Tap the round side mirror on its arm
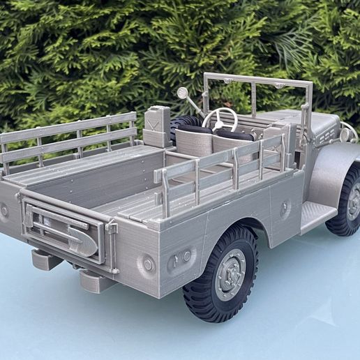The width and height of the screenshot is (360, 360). (x=182, y=93)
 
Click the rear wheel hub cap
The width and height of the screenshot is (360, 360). (x=230, y=274)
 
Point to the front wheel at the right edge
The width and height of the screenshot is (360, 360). (x=347, y=202)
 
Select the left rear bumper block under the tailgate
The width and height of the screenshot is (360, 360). (x=46, y=260)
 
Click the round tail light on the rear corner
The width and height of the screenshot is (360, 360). (x=148, y=264)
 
